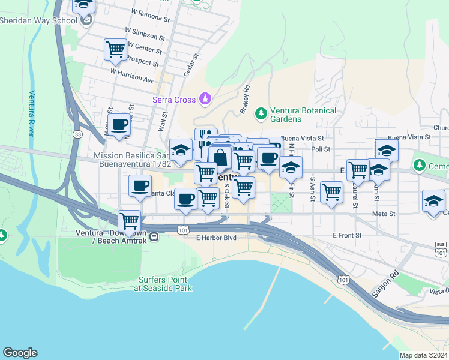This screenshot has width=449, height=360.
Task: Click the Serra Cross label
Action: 174,100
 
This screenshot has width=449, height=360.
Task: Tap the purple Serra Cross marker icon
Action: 205,98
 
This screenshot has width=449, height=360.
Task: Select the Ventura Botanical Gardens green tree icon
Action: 261,112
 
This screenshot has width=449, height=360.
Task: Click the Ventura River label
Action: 32,113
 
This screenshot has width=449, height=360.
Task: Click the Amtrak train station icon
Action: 154,236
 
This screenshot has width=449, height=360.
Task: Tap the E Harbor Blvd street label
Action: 216,238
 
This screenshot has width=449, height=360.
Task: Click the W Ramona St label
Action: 150,12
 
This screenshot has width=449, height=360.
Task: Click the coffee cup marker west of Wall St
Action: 120,124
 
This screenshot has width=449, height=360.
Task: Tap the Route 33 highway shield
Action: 78,134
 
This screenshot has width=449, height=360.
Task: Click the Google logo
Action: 20,353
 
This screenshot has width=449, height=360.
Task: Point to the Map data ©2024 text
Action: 423,355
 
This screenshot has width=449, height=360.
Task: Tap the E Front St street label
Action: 349,236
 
